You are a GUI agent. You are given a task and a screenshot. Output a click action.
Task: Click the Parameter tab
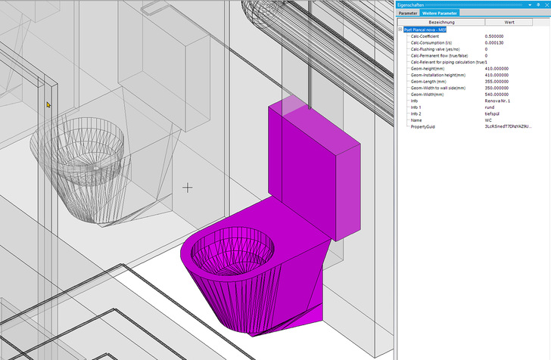408,13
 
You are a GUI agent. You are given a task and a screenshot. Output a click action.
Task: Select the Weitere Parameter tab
439,13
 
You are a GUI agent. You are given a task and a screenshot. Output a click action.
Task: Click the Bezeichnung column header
442,23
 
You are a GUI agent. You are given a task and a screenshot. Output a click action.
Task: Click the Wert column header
509,23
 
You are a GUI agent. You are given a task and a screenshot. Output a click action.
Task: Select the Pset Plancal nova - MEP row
428,29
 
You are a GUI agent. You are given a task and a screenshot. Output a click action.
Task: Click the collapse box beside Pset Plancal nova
400,29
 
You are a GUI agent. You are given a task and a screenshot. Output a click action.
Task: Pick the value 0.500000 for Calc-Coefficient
497,36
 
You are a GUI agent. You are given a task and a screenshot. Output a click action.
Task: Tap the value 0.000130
497,42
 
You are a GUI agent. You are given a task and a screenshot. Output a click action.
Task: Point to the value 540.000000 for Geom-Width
500,95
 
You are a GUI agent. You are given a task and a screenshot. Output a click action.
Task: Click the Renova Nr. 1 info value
498,101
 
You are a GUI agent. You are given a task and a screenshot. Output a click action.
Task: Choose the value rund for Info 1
489,107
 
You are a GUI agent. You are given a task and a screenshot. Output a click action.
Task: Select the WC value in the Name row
488,120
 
